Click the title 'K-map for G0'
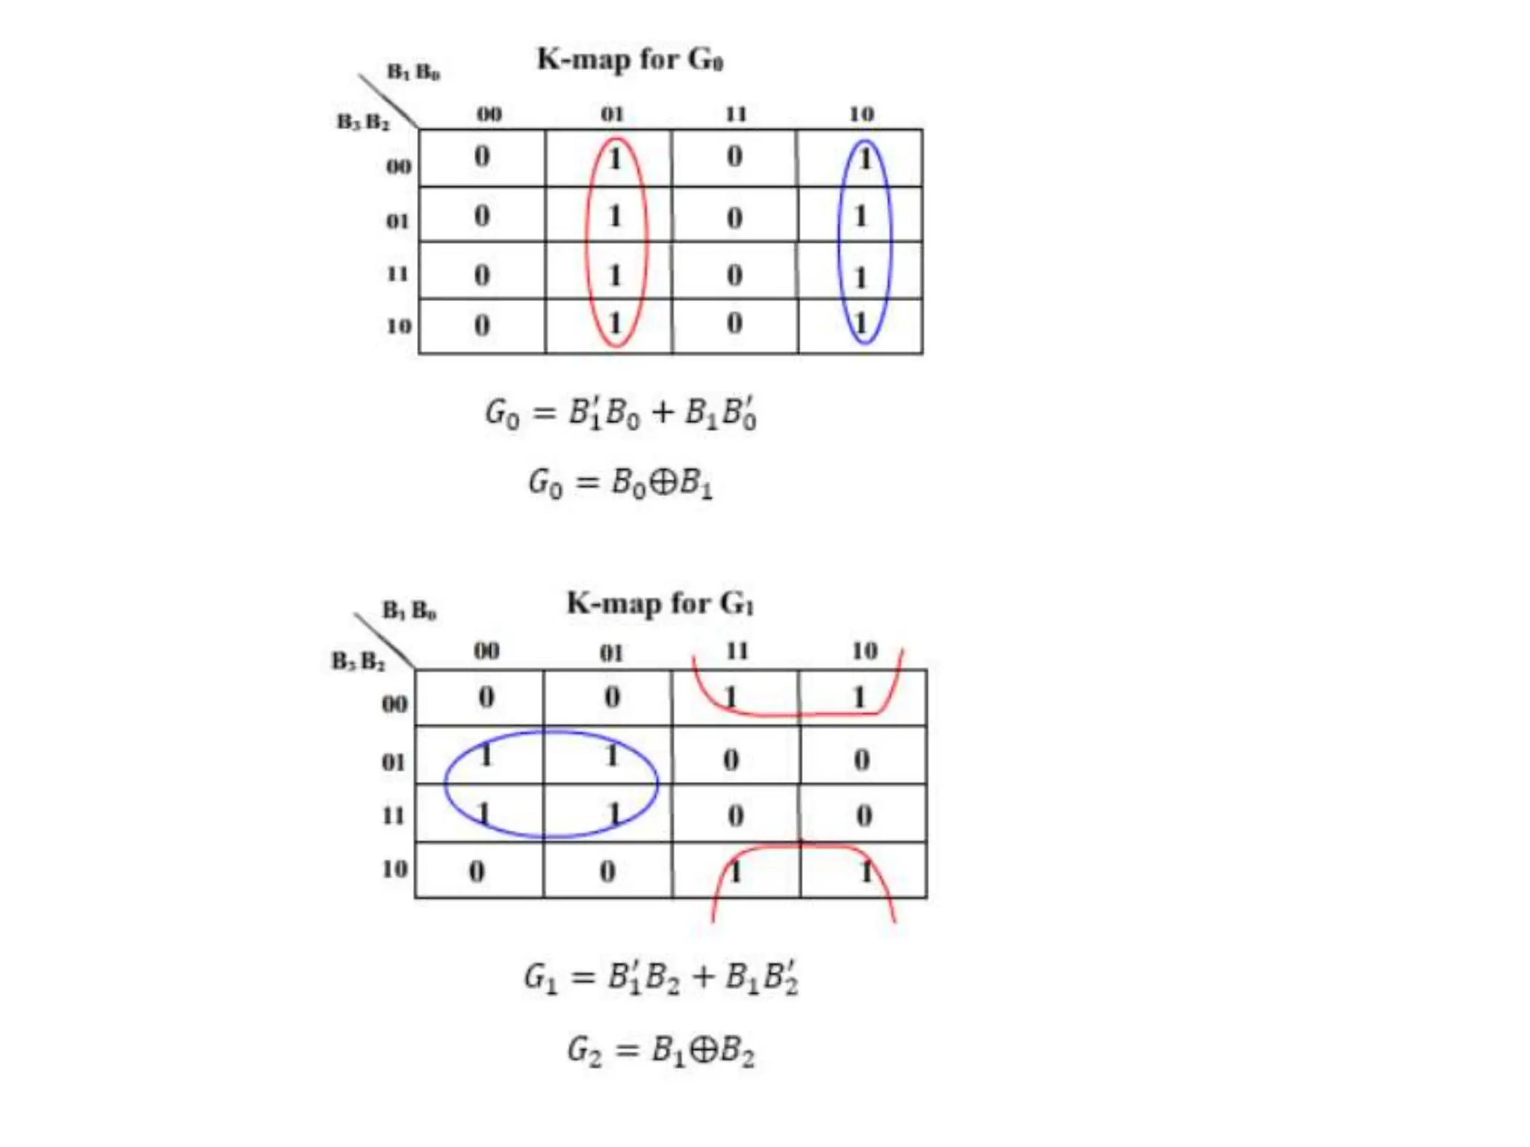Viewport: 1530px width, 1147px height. [x=630, y=59]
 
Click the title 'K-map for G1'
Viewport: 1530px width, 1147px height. [x=660, y=603]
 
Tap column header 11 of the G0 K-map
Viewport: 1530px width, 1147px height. [x=736, y=114]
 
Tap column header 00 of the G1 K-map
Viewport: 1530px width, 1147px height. [x=486, y=651]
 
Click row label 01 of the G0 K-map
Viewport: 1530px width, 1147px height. [x=397, y=221]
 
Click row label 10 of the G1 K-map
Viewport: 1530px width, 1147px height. [x=394, y=869]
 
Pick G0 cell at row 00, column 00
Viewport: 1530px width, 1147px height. [x=483, y=157]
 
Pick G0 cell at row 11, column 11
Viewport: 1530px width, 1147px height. [x=734, y=275]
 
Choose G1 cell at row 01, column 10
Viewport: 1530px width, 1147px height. [x=862, y=759]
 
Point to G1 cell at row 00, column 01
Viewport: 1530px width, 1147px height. [x=612, y=697]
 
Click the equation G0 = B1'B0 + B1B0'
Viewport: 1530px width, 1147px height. [x=621, y=413]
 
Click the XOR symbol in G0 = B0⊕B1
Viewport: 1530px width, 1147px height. [x=662, y=482]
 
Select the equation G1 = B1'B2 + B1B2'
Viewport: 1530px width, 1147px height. [x=661, y=977]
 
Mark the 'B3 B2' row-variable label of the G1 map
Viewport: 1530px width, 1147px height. [x=359, y=661]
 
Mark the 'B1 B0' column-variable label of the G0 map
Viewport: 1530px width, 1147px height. [x=413, y=72]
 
